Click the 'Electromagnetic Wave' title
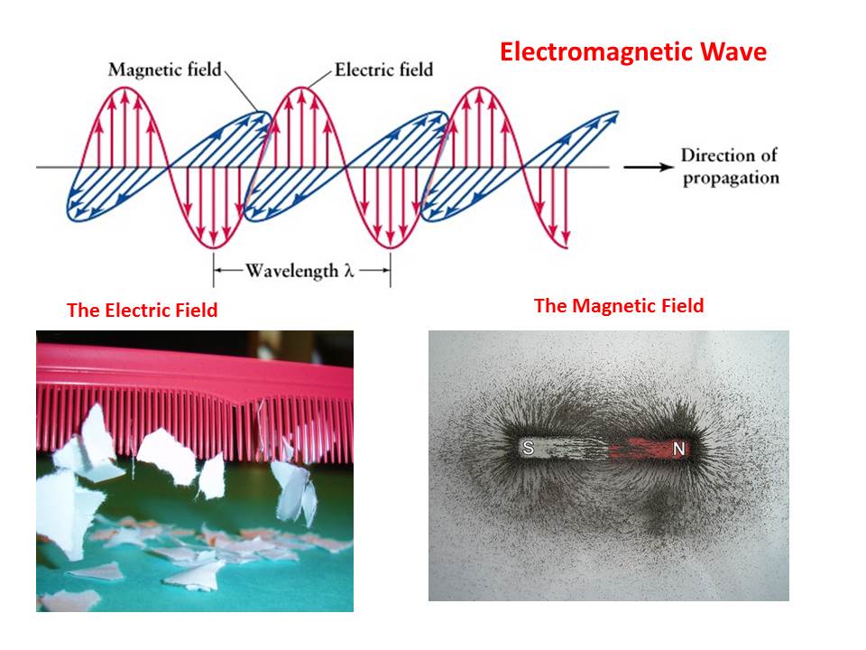tap(633, 52)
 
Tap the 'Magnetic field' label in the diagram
tap(164, 70)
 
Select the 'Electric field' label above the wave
tap(384, 70)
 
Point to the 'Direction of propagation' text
tap(730, 166)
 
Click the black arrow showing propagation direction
tap(649, 167)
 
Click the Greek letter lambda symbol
tap(348, 270)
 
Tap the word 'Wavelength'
tap(291, 271)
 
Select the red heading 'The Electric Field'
tap(142, 310)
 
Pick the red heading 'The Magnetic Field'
tap(619, 306)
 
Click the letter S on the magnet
tap(528, 448)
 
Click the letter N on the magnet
tap(678, 450)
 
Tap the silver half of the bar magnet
tap(562, 448)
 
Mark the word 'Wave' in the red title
tap(733, 52)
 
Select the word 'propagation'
tap(732, 179)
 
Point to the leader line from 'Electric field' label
tap(319, 79)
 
